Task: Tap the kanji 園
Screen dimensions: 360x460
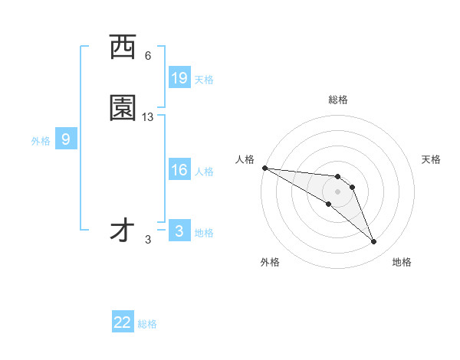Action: (x=123, y=108)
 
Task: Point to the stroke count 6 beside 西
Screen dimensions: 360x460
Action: (x=148, y=56)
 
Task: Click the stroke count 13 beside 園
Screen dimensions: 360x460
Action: (x=148, y=116)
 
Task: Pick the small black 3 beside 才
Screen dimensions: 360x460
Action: (x=148, y=240)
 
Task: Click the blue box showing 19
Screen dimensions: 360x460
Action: (x=179, y=78)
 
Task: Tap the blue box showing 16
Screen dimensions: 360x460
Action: (x=179, y=171)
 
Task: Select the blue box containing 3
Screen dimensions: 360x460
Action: (x=179, y=231)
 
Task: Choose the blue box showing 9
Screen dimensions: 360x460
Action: (x=66, y=139)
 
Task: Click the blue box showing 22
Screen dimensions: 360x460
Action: (x=123, y=322)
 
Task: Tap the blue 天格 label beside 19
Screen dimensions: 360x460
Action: (x=203, y=80)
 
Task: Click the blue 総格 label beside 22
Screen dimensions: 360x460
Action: (x=147, y=324)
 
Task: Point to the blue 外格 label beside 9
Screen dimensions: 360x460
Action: (x=41, y=141)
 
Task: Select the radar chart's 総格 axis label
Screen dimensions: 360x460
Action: (x=338, y=100)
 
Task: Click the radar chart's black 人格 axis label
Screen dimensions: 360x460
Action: (x=245, y=159)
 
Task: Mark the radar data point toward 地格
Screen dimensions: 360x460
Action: (x=373, y=242)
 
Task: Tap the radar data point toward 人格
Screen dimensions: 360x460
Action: (x=264, y=167)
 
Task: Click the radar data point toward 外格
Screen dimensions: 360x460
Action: (x=328, y=204)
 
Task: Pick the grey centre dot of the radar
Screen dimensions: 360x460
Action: (x=337, y=191)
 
